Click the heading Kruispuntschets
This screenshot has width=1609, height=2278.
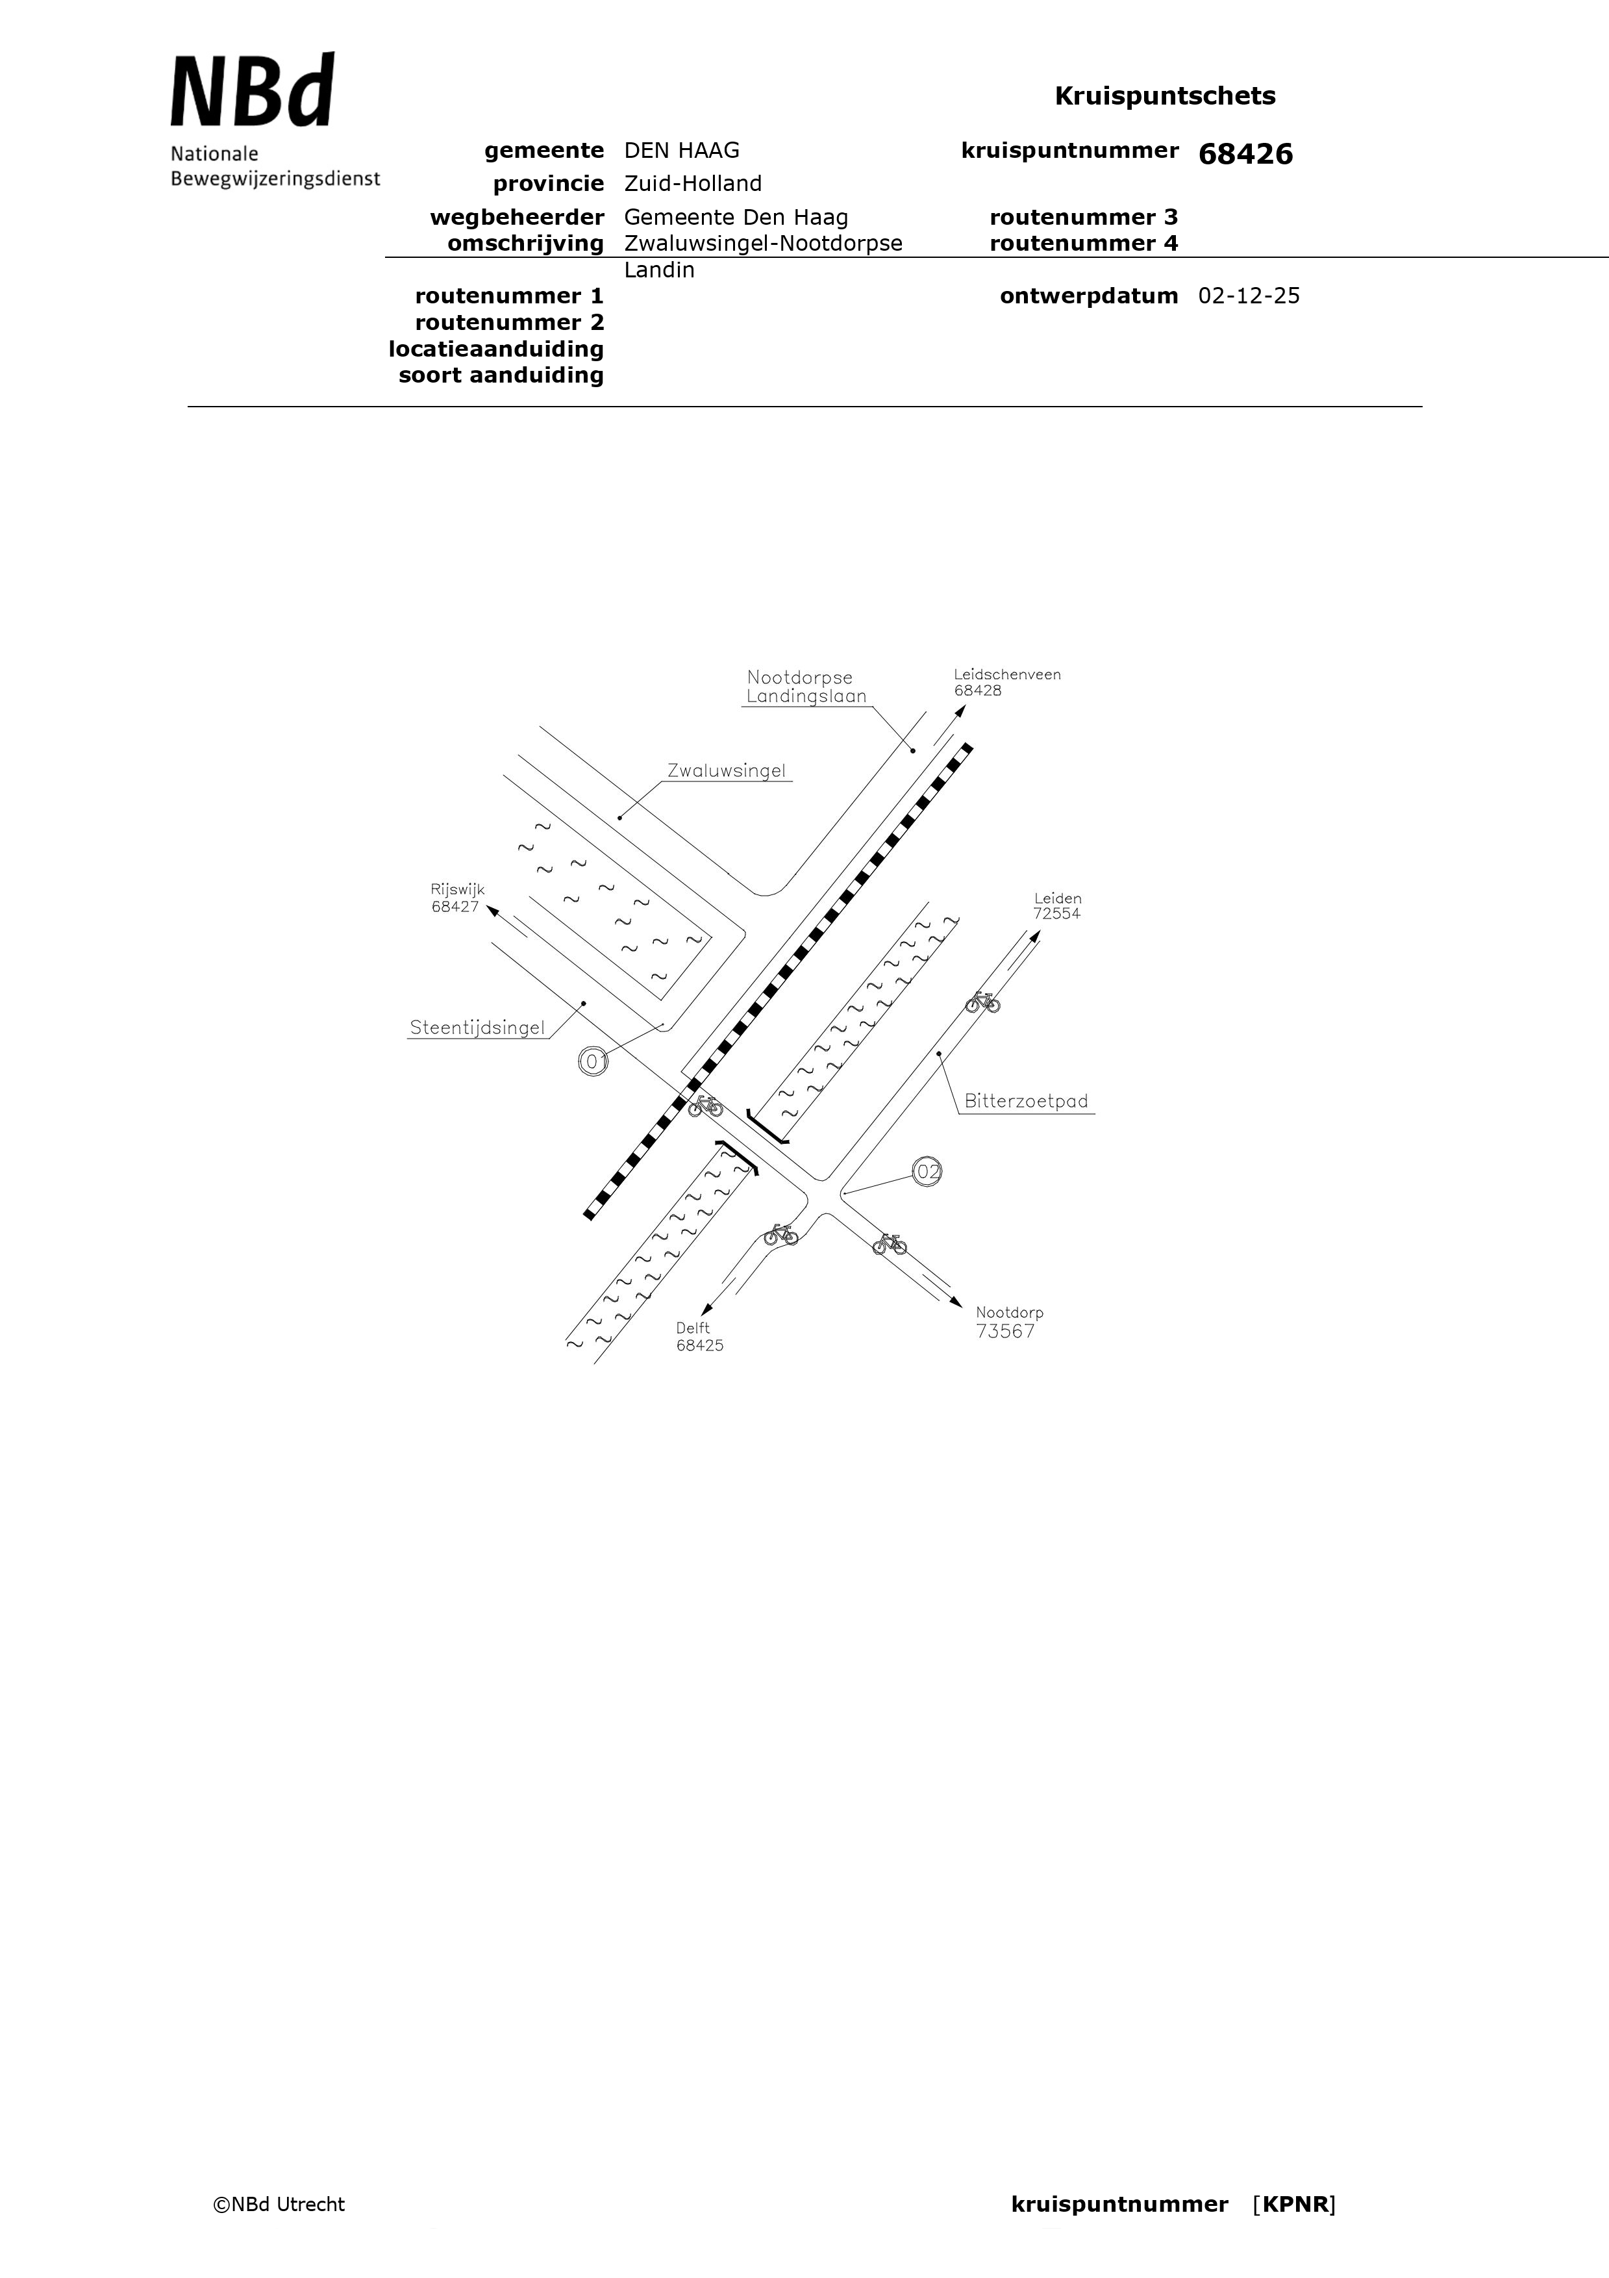point(1165,95)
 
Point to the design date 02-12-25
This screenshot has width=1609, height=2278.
point(1249,296)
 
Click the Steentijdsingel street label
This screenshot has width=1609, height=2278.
point(477,1028)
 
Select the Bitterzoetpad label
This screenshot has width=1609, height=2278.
point(1026,1100)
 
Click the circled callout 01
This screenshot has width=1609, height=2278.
point(593,1061)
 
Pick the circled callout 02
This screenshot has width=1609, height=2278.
point(927,1172)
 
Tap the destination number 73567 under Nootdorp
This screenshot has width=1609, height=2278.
point(1005,1332)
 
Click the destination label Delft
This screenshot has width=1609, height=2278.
point(693,1328)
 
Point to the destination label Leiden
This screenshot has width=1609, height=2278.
point(1058,898)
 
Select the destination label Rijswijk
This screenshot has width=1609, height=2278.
point(457,890)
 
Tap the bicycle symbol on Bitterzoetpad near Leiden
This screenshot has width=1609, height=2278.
point(982,1002)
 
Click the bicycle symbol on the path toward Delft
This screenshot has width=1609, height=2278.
point(780,1234)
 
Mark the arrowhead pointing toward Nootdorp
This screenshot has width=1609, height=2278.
point(954,1300)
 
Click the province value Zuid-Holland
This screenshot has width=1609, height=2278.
point(692,184)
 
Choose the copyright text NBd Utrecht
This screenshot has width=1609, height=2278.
point(279,2205)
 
